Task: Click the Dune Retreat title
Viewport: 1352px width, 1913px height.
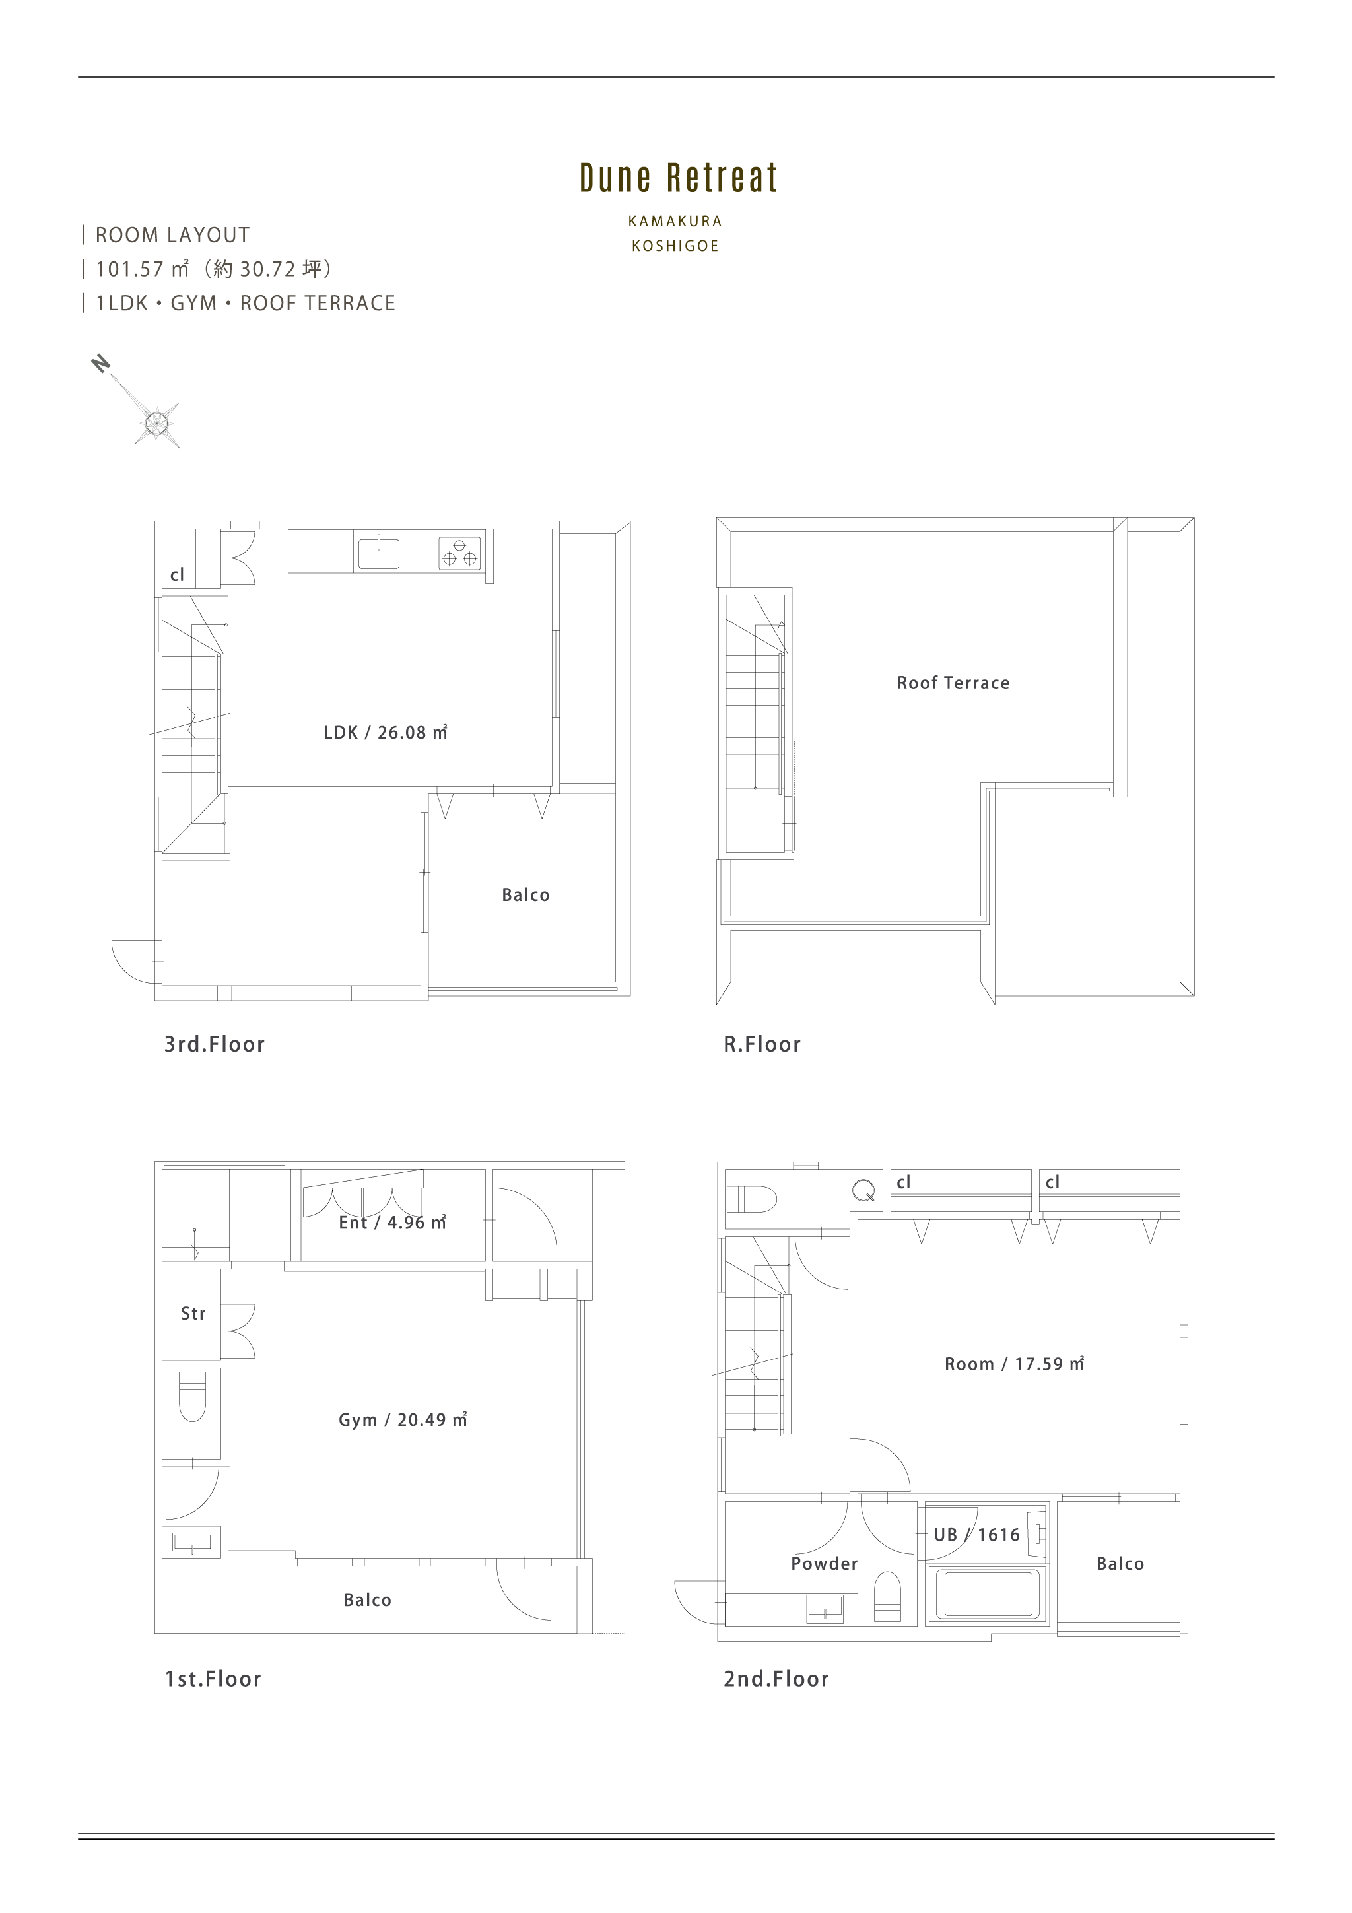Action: [678, 178]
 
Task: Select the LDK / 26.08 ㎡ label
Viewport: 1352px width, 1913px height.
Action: [386, 732]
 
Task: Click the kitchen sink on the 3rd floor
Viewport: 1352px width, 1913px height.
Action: [378, 553]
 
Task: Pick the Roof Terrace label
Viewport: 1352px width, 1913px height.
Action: [953, 683]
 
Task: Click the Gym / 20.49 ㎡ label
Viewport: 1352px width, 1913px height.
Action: [402, 1420]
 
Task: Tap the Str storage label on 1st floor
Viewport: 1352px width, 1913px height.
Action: [193, 1314]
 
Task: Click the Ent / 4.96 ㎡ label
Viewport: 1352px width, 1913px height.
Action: [392, 1223]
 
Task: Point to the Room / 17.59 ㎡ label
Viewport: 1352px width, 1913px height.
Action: [1014, 1364]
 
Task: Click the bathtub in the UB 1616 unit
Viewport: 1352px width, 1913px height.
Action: [986, 1594]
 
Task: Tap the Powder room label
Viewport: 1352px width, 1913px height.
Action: [824, 1564]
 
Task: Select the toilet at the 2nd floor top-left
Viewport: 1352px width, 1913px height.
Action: [751, 1199]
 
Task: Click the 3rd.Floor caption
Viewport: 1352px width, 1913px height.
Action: [214, 1044]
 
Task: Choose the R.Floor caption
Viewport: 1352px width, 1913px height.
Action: [762, 1044]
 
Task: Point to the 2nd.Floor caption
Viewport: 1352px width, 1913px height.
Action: [776, 1679]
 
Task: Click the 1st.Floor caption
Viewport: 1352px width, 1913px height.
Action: [213, 1679]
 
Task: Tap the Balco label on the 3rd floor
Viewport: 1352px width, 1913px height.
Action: [525, 895]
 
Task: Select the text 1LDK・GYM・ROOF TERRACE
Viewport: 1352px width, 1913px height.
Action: [246, 303]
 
